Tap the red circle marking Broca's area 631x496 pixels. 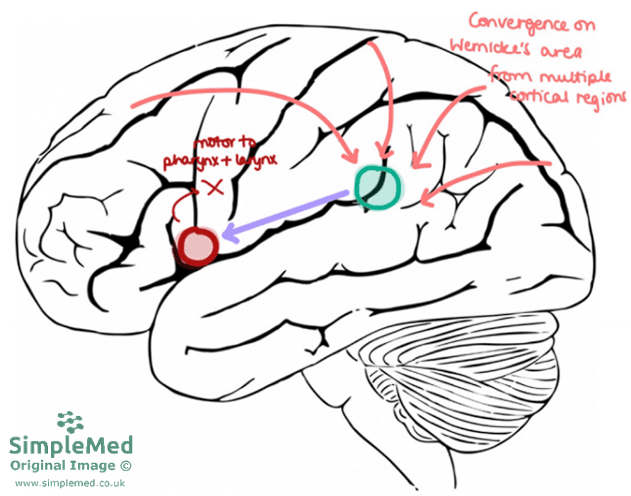tap(198, 245)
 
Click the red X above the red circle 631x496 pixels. tap(213, 187)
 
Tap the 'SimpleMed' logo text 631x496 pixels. tap(71, 446)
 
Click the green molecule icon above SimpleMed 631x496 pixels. tap(70, 423)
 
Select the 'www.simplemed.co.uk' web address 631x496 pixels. tap(70, 483)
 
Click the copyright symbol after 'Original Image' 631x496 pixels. tap(126, 466)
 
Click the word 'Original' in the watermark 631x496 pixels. tap(35, 466)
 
